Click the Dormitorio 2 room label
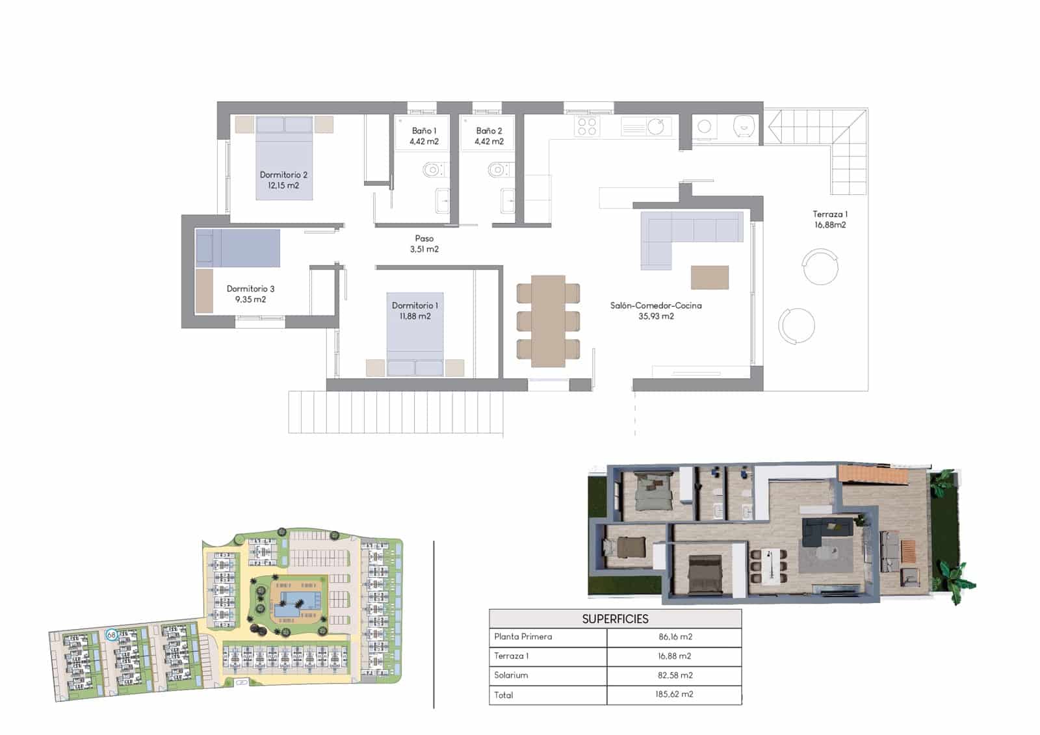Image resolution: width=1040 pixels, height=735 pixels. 283,180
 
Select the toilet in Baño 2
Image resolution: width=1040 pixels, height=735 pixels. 498,171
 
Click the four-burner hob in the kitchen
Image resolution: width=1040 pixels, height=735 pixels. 587,126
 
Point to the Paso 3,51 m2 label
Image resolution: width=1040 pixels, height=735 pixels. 424,244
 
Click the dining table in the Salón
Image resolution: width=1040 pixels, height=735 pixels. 548,321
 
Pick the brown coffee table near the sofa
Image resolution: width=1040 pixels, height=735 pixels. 709,277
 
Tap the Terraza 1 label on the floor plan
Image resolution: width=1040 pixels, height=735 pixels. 830,219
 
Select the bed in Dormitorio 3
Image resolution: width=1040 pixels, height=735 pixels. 238,248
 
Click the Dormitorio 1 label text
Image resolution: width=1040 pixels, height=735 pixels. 415,311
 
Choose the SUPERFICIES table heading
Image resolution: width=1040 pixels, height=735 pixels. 615,619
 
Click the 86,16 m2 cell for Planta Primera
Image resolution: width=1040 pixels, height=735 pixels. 675,637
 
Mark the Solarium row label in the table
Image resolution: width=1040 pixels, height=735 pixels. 511,675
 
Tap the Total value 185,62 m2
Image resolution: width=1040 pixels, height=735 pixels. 674,694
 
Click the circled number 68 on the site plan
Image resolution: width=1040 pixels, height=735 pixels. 111,635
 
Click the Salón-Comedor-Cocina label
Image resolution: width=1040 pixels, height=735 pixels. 656,311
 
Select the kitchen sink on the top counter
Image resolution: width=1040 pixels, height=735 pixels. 656,126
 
